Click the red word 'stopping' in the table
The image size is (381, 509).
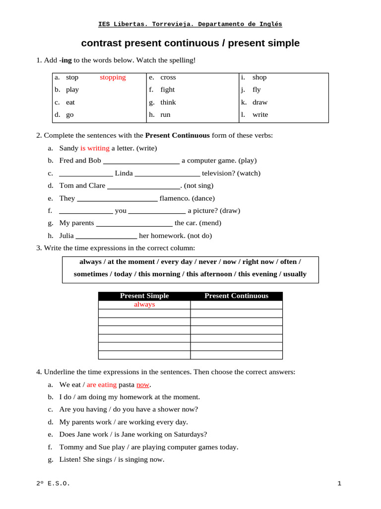[113, 78]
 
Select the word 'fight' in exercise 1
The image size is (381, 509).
[168, 90]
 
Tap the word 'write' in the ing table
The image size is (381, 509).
[260, 115]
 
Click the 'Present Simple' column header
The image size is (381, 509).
[144, 296]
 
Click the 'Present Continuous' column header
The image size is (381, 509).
[236, 296]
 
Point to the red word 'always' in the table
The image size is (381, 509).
[144, 305]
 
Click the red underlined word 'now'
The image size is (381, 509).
[143, 385]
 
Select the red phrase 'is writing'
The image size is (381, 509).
[95, 148]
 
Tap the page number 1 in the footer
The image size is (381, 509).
[339, 484]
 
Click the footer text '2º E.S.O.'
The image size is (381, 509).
[53, 484]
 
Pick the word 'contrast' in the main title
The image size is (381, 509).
[101, 43]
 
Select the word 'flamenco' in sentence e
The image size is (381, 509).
[175, 198]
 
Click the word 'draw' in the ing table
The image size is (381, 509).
[260, 102]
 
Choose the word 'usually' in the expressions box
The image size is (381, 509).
[295, 274]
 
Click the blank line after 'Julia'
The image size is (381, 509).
[106, 236]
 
